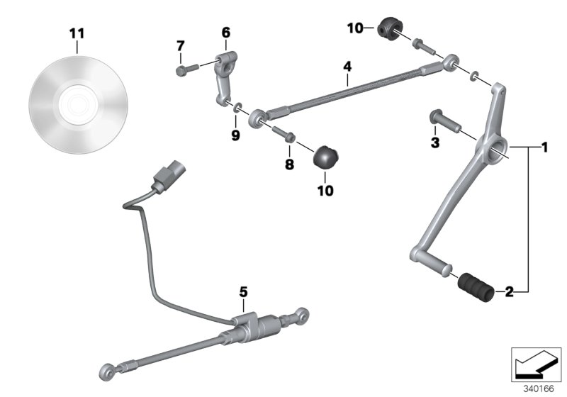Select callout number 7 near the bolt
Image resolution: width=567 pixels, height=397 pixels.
180,46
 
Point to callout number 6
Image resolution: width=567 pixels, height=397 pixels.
226,32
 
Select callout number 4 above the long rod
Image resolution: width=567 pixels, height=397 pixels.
347,66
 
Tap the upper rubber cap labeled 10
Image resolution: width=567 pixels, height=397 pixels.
389,30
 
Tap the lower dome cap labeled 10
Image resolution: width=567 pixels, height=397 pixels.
327,156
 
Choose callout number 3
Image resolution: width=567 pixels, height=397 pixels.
435,142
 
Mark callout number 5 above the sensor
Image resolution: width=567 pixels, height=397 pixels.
242,291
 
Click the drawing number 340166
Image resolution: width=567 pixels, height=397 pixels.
539,388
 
